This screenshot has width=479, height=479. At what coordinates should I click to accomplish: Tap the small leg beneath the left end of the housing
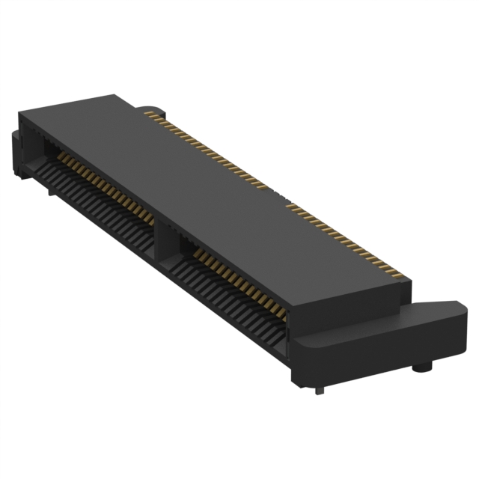coord(51,191)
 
